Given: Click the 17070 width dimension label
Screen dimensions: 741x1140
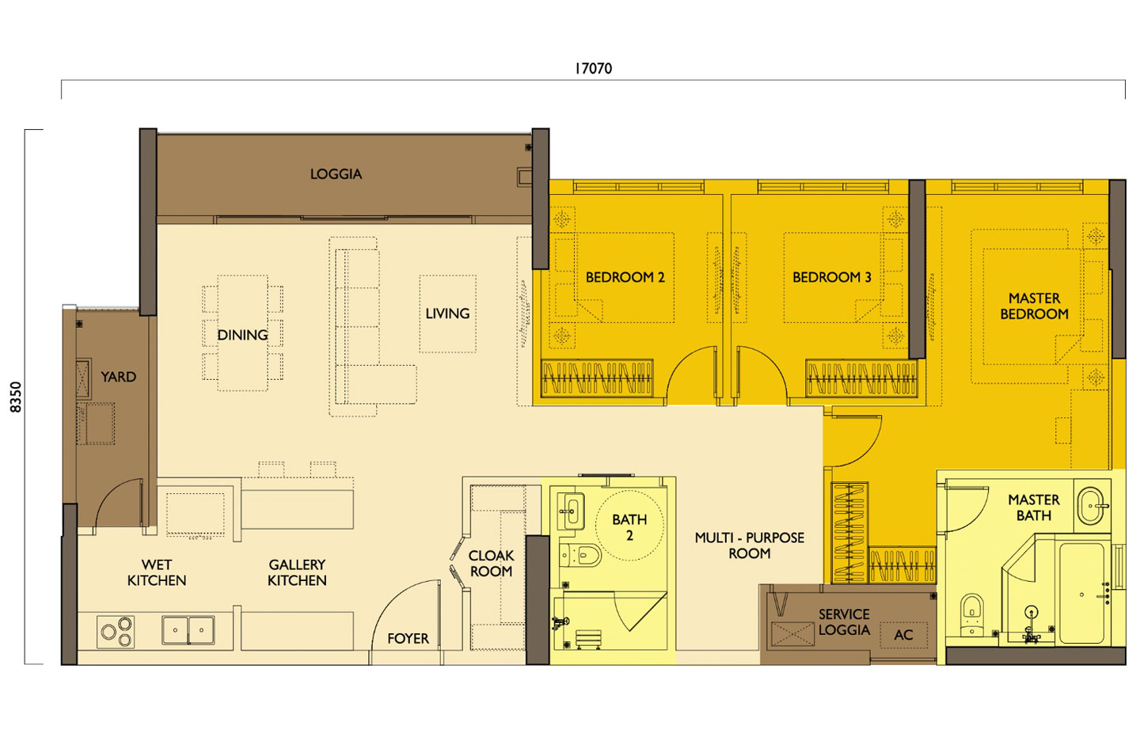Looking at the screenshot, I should (593, 69).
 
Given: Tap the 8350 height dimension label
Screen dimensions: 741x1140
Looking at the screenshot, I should (17, 397).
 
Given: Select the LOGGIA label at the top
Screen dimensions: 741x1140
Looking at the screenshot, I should (336, 174).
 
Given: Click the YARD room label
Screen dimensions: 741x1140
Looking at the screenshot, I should (118, 377).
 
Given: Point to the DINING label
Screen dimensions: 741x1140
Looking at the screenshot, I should (242, 335).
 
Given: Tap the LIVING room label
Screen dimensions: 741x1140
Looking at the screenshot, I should (447, 313).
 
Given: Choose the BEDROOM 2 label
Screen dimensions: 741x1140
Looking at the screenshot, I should (625, 277).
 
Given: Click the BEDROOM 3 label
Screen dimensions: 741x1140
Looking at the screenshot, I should (831, 277).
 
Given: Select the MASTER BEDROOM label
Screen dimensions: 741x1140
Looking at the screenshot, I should (1034, 306).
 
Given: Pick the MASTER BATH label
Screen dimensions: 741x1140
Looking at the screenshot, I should (1033, 507).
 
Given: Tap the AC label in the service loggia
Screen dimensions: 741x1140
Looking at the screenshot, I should (903, 635).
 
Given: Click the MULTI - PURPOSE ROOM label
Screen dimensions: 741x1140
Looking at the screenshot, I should (749, 545).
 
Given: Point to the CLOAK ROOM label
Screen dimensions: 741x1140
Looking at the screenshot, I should (491, 564).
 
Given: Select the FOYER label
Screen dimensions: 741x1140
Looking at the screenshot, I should (408, 638).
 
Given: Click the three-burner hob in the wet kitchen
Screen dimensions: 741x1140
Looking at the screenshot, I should (116, 631).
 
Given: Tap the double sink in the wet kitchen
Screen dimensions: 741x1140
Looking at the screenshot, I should (188, 630).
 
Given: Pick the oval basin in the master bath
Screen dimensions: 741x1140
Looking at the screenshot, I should (1094, 505).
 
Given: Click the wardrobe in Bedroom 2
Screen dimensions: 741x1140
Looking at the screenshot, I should (597, 378).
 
